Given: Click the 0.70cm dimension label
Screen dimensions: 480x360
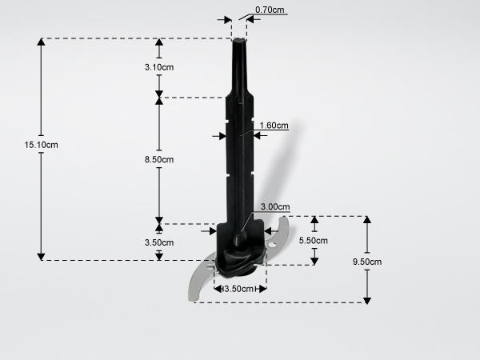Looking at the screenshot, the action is (270, 10).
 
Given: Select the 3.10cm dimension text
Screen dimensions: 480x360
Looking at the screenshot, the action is (159, 67).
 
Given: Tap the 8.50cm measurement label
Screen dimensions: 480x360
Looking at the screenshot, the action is (159, 159).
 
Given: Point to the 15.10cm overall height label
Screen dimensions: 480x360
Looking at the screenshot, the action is (42, 145).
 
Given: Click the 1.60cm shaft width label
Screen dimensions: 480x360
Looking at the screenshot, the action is (274, 126).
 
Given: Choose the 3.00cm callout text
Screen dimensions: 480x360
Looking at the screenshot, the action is (275, 206).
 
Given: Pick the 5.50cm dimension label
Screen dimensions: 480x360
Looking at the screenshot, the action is (313, 241).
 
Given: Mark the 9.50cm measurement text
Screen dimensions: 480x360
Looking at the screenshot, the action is (367, 262).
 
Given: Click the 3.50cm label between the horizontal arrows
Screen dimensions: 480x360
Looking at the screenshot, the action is (238, 289).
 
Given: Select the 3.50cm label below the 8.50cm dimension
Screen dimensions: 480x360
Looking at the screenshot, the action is (159, 242).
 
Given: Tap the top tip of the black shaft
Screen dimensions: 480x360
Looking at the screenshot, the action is (239, 39).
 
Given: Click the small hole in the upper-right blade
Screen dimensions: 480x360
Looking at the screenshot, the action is (272, 244).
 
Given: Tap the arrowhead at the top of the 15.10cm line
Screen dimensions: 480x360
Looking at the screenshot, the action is (42, 42).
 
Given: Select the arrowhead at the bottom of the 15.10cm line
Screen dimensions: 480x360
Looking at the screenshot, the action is (42, 257).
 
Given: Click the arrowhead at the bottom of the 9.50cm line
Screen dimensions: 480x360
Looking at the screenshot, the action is (367, 300).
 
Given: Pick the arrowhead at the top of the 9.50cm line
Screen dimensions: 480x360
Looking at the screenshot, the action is (367, 220).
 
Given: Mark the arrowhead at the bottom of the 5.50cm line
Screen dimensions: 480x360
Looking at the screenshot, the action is (314, 261).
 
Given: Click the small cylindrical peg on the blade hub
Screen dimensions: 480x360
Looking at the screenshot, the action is (240, 238).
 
